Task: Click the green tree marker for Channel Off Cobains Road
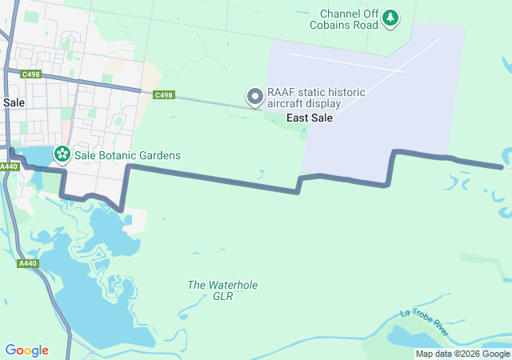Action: [x=390, y=17]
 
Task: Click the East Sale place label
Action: [x=310, y=118]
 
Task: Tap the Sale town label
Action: [x=14, y=102]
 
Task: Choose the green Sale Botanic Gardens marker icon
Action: [x=62, y=153]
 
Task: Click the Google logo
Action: [x=26, y=350]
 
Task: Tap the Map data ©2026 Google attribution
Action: [x=462, y=354]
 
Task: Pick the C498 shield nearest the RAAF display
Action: [x=163, y=95]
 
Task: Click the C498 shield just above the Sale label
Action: [x=31, y=74]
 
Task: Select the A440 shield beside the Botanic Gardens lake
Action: [x=9, y=166]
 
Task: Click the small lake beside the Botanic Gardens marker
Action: [x=34, y=156]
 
